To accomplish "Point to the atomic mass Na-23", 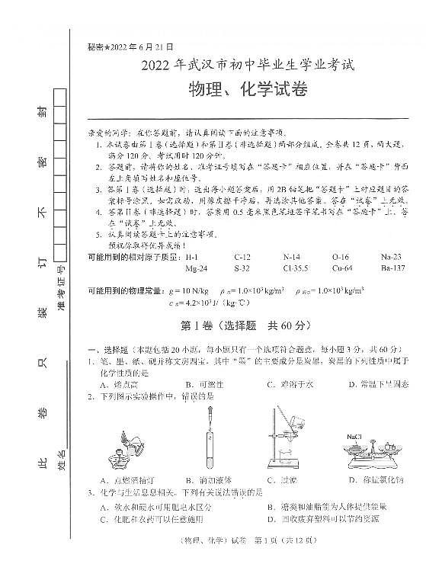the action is coord(389,257).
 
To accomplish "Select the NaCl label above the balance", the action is coord(354,436).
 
